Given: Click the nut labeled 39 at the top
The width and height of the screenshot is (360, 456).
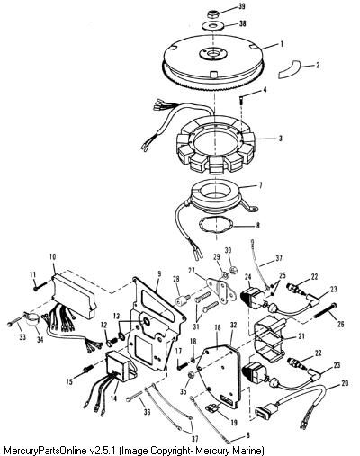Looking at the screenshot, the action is [x=212, y=13].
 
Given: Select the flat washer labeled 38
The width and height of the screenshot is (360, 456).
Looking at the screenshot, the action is [x=212, y=26].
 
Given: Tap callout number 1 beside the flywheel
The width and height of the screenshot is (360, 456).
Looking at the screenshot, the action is [x=282, y=44].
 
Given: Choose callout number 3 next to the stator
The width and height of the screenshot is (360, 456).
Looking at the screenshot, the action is [x=280, y=139].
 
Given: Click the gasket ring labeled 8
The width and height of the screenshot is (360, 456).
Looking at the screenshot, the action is [x=216, y=227].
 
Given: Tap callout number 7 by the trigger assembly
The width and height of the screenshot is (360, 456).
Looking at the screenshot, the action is [x=260, y=185].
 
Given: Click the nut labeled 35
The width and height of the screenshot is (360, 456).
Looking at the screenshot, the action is [x=191, y=375].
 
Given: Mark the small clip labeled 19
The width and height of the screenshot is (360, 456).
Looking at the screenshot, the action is [x=211, y=407].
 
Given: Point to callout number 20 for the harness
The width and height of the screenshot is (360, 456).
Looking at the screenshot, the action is [x=345, y=383].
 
